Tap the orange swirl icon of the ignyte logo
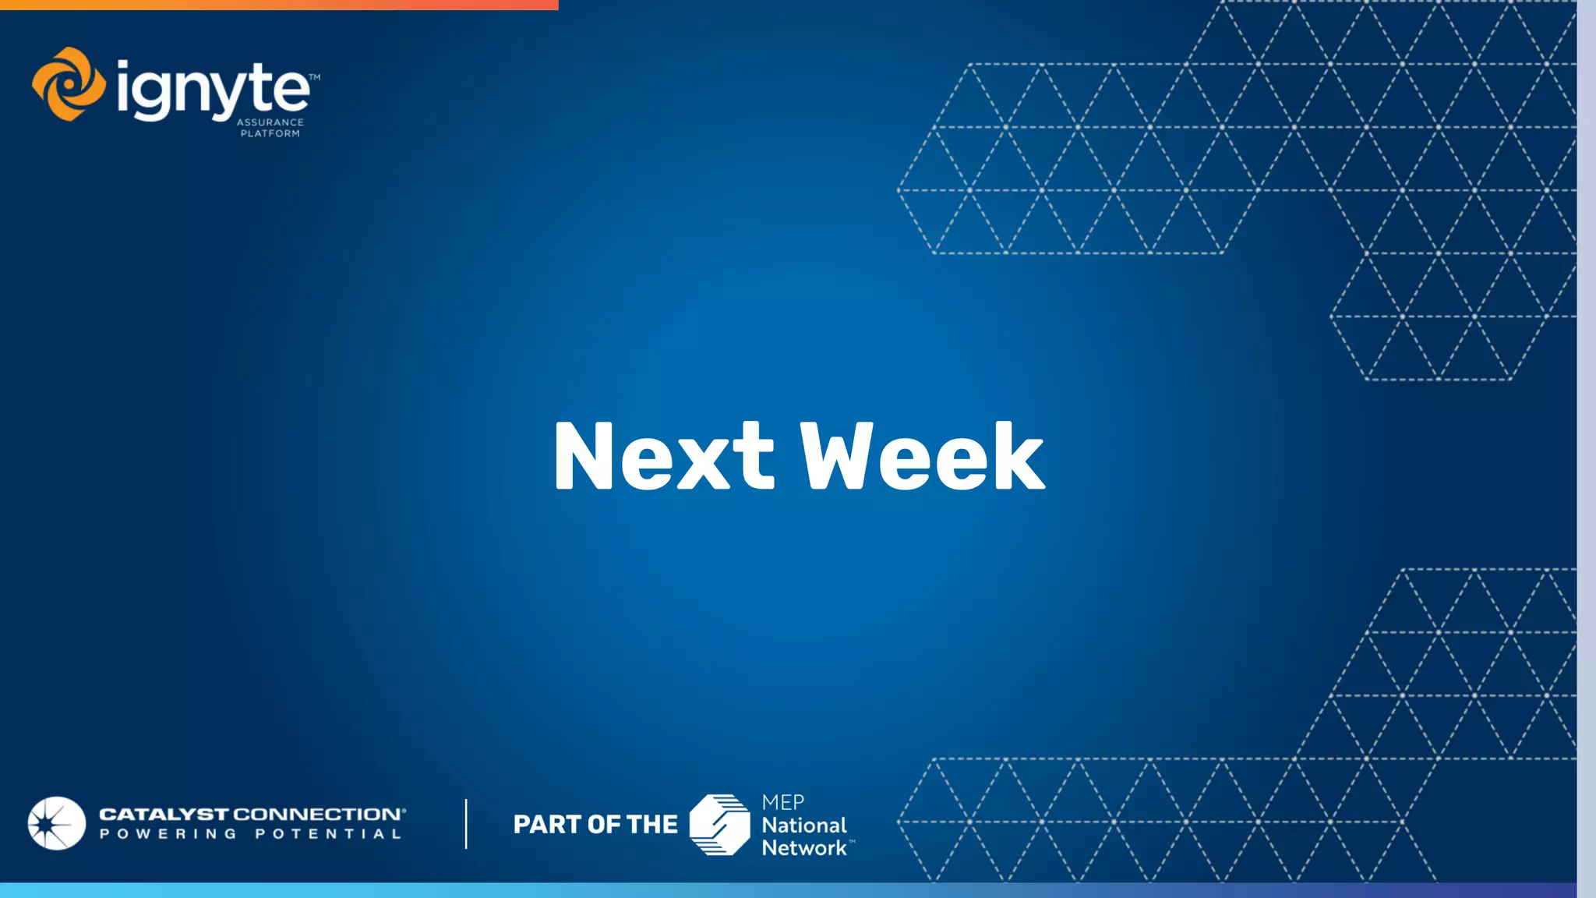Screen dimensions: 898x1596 69,84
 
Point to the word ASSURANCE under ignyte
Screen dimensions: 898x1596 270,122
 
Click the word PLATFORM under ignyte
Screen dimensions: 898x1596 270,133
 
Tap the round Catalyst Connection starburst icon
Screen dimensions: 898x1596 57,823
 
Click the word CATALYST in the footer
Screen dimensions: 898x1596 164,815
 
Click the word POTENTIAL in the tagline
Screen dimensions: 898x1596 328,834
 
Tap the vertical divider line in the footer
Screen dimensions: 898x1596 466,823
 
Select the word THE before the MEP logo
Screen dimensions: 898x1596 652,825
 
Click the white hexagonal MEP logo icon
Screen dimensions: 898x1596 719,825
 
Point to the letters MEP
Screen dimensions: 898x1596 782,802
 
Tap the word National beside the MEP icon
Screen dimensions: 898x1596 803,825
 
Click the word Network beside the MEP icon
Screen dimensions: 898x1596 803,847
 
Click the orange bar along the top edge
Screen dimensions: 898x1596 279,5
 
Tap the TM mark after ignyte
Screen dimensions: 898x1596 314,77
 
